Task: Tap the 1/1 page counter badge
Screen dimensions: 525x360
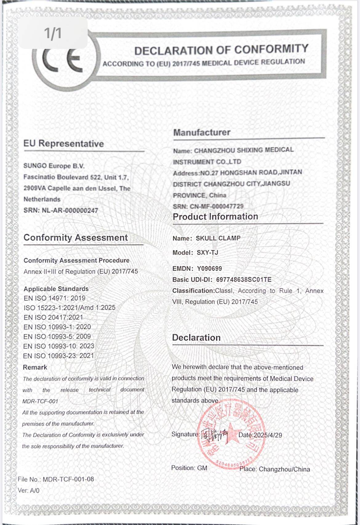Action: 53,33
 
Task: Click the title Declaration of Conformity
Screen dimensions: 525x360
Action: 221,50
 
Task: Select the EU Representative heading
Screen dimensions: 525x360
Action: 64,144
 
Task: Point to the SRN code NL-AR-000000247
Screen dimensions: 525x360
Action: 70,210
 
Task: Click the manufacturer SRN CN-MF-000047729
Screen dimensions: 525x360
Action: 217,206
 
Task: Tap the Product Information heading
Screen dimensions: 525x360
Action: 215,217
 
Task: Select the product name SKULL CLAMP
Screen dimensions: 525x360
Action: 218,238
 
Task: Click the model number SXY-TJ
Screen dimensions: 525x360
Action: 207,253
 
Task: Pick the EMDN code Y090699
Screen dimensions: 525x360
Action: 209,268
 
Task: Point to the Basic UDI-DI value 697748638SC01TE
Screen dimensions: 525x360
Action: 244,280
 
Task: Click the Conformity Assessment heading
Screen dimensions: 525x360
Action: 76,238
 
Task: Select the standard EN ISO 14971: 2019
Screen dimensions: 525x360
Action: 54,298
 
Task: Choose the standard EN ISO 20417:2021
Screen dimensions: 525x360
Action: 53,317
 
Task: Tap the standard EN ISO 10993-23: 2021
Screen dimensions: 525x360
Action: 58,356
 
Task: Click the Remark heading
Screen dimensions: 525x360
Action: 35,367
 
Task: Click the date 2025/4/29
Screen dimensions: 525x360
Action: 268,435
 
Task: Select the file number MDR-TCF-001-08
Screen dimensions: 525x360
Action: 68,479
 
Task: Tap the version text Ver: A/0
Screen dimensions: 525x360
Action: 29,491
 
